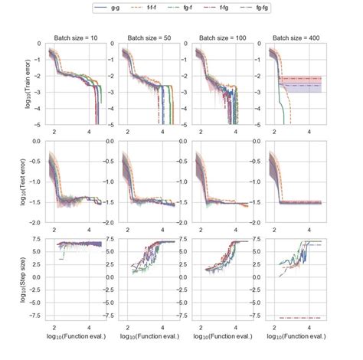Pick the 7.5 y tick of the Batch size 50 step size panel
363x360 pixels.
pyautogui.click(x=111, y=241)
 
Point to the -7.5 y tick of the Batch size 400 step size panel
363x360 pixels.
pyautogui.click(x=257, y=317)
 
